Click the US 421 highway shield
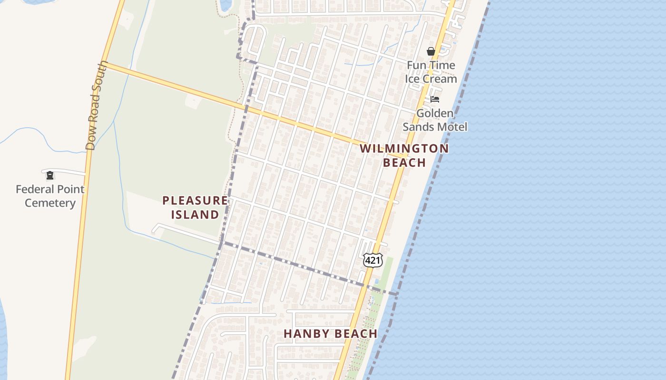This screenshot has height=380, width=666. point(372,260)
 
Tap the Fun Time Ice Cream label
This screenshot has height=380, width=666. point(431,72)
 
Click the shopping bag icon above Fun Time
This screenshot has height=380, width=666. point(431,51)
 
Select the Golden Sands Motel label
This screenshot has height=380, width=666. point(435,120)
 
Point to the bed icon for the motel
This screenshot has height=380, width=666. point(435,99)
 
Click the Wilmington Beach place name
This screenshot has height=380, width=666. point(404,155)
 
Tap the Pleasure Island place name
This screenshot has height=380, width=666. point(195,208)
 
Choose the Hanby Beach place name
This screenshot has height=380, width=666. point(331,334)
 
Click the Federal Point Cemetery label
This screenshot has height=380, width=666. point(50,196)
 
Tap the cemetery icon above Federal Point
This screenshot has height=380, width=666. point(49,176)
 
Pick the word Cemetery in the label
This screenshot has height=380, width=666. point(50,203)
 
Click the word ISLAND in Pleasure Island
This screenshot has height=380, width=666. point(195,215)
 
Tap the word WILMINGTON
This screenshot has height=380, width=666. point(404,148)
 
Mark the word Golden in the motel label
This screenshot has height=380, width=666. point(435,114)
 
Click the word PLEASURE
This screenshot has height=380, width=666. point(195,200)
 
